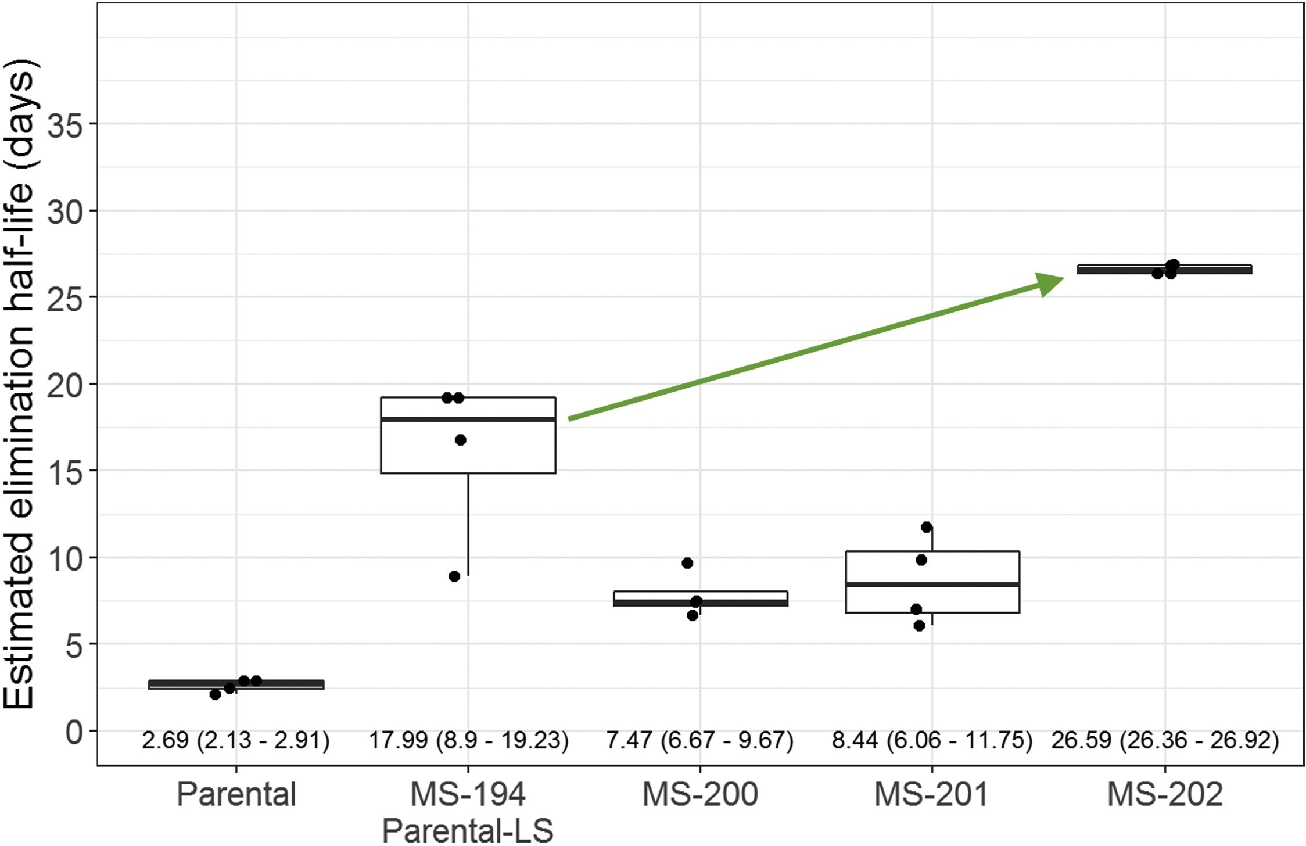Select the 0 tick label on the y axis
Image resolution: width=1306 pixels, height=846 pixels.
[x=74, y=732]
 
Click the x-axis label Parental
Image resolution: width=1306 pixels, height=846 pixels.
[x=236, y=794]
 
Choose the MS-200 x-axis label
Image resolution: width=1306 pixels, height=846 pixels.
[x=700, y=794]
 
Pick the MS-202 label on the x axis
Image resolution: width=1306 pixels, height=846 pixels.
[x=1164, y=794]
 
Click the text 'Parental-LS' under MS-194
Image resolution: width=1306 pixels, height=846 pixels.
[x=468, y=831]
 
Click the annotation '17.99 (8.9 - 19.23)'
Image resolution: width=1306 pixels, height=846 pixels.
[x=468, y=741]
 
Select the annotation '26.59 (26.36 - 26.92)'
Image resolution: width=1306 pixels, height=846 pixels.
[x=1165, y=741]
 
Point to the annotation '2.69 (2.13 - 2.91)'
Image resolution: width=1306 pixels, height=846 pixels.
[x=235, y=741]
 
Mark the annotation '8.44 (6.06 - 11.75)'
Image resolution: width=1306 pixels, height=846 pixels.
[x=932, y=741]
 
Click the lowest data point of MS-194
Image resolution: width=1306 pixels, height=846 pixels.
[x=454, y=576]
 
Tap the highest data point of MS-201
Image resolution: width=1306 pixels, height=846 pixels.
[x=927, y=527]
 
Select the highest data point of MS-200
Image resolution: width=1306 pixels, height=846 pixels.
[x=687, y=563]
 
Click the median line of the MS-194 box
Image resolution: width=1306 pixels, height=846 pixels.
[x=468, y=419]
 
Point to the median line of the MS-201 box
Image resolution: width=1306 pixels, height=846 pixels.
[x=932, y=584]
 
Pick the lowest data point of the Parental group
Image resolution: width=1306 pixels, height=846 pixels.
[x=215, y=694]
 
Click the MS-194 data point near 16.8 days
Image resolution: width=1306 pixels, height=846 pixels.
[x=460, y=440]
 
